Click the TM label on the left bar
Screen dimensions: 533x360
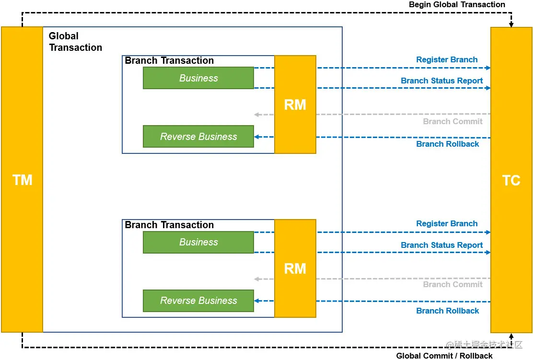(x=23, y=180)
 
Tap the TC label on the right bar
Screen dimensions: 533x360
(x=511, y=180)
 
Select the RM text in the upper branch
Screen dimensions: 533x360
(x=295, y=105)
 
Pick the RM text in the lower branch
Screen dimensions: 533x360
(x=295, y=268)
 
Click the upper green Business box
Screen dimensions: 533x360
(x=198, y=78)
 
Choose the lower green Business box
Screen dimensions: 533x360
(x=198, y=242)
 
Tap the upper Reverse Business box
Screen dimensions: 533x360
(x=198, y=136)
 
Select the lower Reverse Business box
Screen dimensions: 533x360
(x=198, y=301)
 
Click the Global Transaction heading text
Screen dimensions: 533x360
(x=75, y=42)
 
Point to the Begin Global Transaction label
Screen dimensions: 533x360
(x=457, y=4)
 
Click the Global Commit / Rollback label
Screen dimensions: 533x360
(x=444, y=356)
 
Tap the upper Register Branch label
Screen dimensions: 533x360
(x=447, y=59)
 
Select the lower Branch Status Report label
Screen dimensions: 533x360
(x=442, y=245)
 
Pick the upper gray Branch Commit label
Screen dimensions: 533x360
(x=453, y=121)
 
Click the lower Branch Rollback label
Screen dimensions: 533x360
(x=448, y=311)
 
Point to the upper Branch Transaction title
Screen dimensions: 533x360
(x=169, y=60)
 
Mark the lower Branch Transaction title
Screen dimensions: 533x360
(x=169, y=225)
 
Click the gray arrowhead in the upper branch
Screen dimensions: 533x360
(x=257, y=115)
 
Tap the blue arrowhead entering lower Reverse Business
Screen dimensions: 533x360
(x=257, y=301)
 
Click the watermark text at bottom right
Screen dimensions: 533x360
(x=484, y=345)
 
